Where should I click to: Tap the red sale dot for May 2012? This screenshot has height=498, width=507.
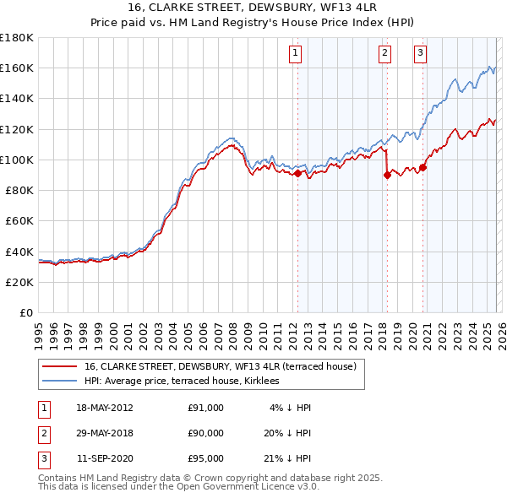(297, 173)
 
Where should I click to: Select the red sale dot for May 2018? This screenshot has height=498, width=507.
(387, 175)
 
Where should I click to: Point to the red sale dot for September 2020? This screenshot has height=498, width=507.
(422, 167)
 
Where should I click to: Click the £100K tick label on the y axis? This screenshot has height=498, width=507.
(16, 160)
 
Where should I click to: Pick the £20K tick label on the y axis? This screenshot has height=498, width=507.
(19, 282)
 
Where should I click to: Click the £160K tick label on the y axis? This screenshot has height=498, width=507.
(16, 68)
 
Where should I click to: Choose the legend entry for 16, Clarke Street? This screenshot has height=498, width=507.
(221, 366)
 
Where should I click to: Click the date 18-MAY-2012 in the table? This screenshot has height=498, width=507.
(104, 408)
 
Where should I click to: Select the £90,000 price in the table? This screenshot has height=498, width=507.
(206, 433)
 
